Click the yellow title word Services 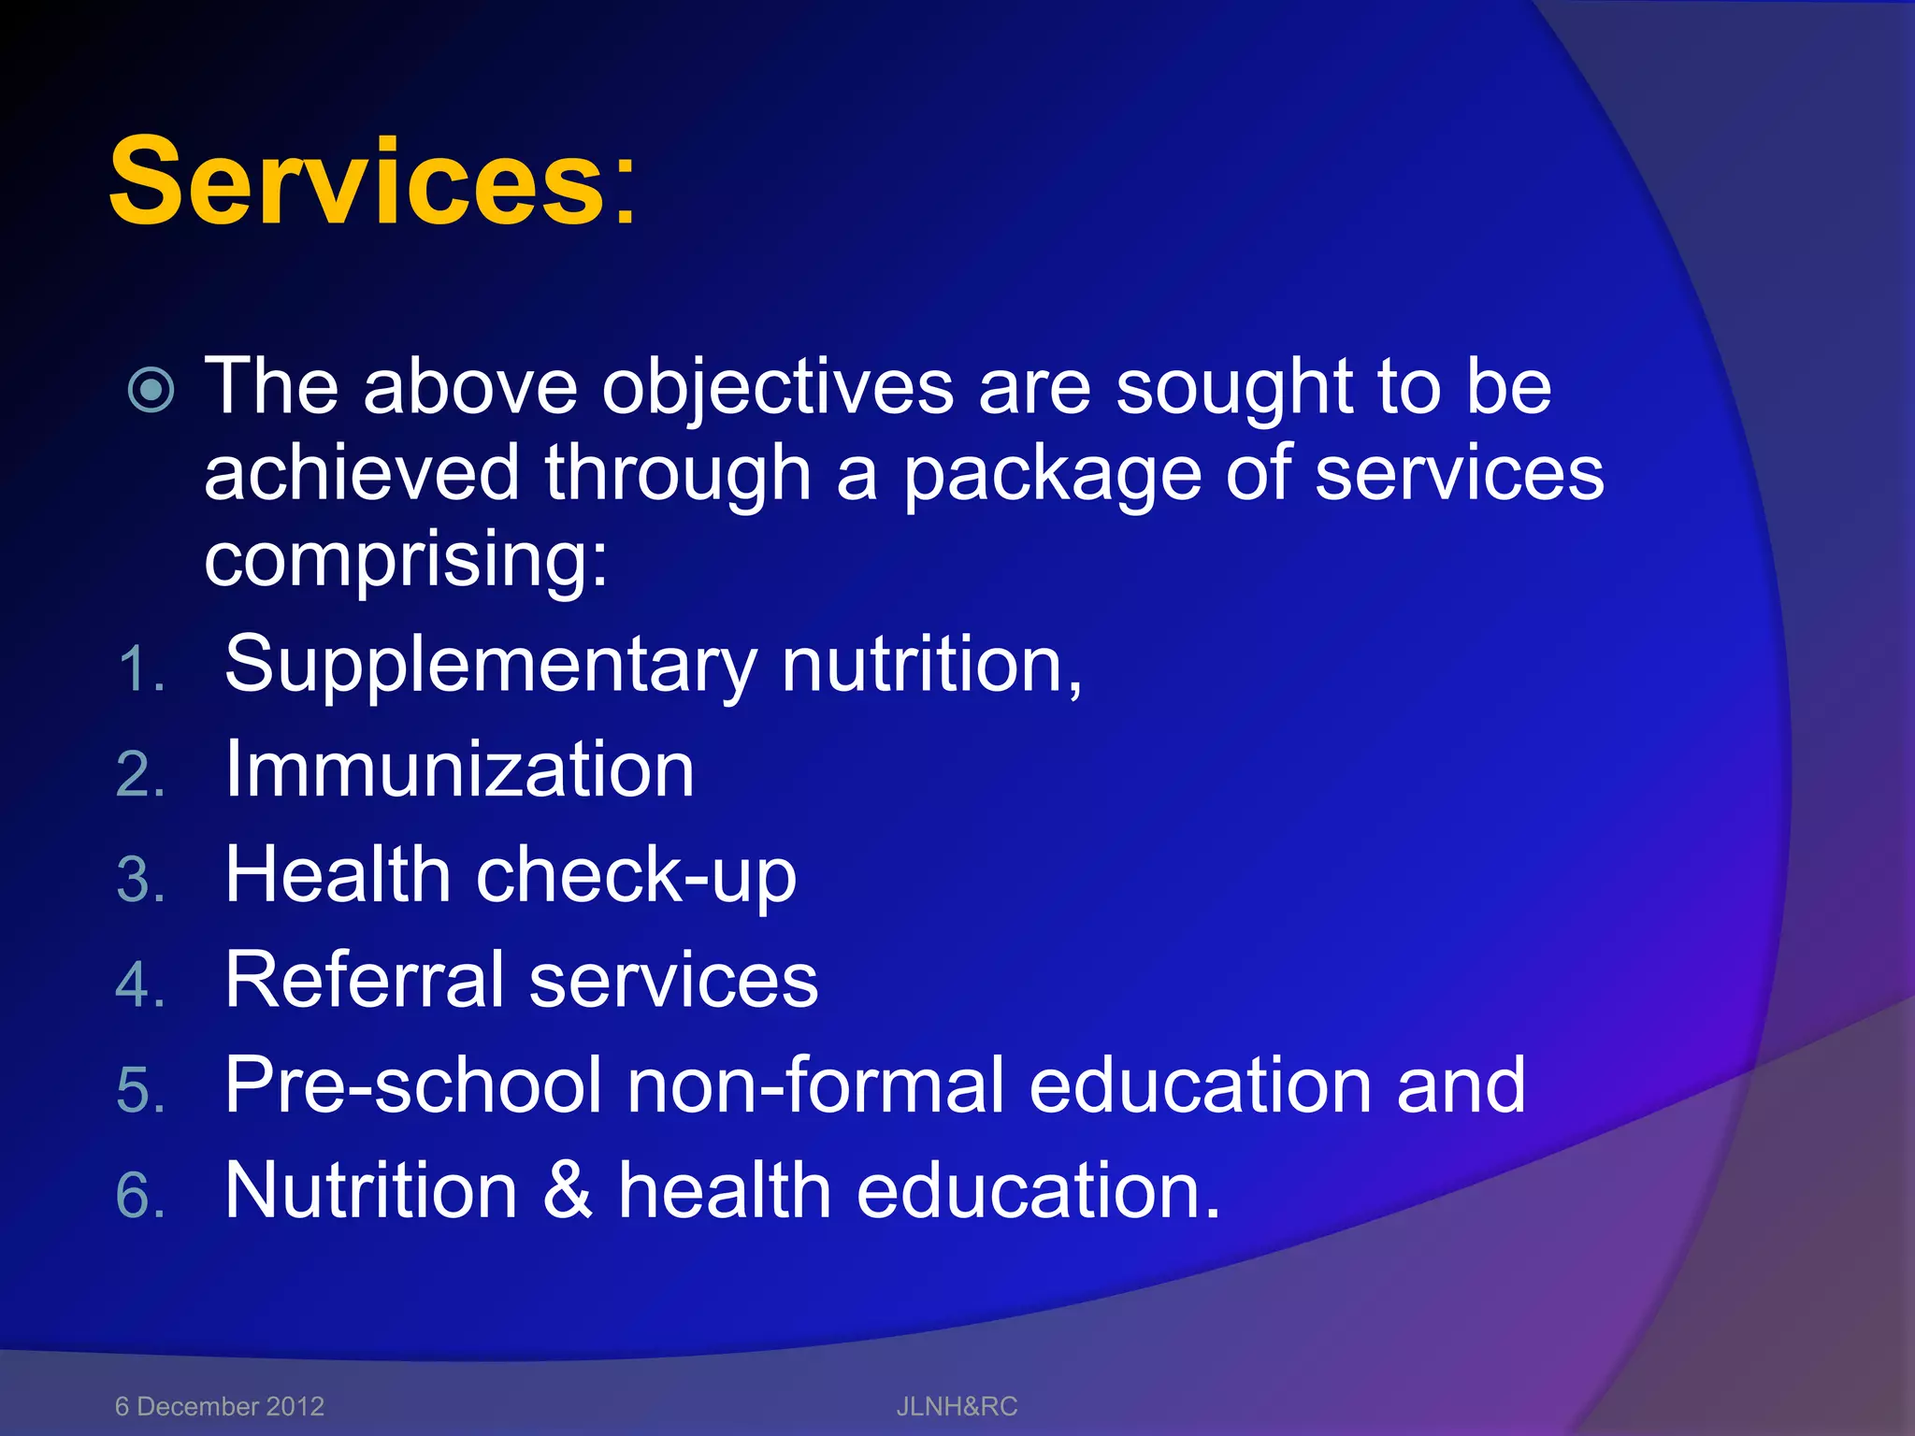[x=359, y=181]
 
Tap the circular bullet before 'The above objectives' [x=151, y=390]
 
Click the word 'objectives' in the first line [x=777, y=388]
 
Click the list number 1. [x=140, y=670]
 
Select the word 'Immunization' [x=459, y=769]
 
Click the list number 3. [x=140, y=881]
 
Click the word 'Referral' [x=365, y=980]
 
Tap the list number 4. [x=140, y=985]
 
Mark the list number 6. [x=140, y=1196]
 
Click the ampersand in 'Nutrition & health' [x=568, y=1190]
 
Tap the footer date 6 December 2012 [x=219, y=1406]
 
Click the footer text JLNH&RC [x=957, y=1406]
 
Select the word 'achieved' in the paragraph [x=361, y=473]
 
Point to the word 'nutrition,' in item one [x=931, y=664]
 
